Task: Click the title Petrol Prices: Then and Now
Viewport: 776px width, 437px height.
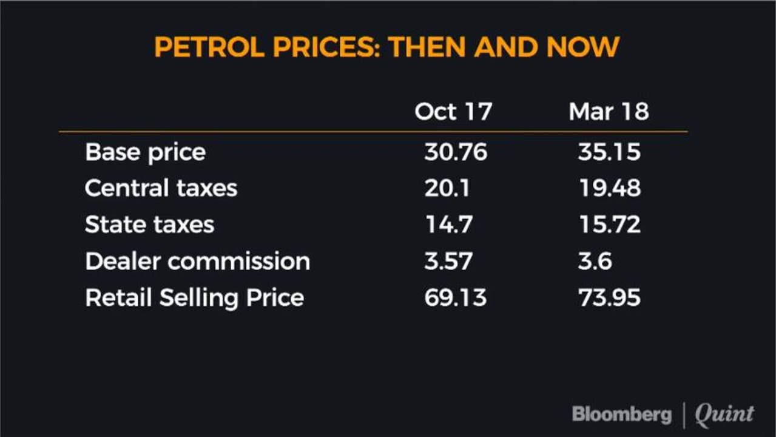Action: click(386, 47)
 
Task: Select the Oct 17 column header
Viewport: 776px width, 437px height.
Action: click(453, 112)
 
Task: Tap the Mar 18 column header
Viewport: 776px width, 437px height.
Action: click(609, 112)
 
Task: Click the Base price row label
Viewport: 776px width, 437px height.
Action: click(145, 152)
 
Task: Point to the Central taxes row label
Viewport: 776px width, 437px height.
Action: click(161, 188)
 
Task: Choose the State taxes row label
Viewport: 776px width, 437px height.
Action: click(149, 225)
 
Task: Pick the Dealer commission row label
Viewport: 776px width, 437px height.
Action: click(197, 261)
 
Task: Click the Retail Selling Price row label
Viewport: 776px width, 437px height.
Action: click(194, 297)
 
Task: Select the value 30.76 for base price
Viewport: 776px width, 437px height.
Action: click(455, 152)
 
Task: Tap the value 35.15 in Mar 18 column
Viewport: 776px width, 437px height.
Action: click(609, 152)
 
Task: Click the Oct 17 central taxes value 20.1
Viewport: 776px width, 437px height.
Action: click(447, 188)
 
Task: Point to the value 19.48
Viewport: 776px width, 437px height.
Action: click(609, 188)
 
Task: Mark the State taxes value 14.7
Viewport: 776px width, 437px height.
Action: click(448, 225)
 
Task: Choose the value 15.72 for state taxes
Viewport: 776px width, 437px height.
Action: click(609, 225)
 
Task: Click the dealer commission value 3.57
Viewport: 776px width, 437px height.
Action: click(448, 261)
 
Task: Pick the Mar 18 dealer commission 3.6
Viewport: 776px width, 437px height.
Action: click(595, 261)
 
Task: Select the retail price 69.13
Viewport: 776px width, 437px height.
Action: click(455, 297)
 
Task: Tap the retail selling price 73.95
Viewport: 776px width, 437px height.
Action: click(609, 297)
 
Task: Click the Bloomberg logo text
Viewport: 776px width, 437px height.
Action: click(621, 415)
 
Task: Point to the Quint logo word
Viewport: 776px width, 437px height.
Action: click(724, 415)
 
